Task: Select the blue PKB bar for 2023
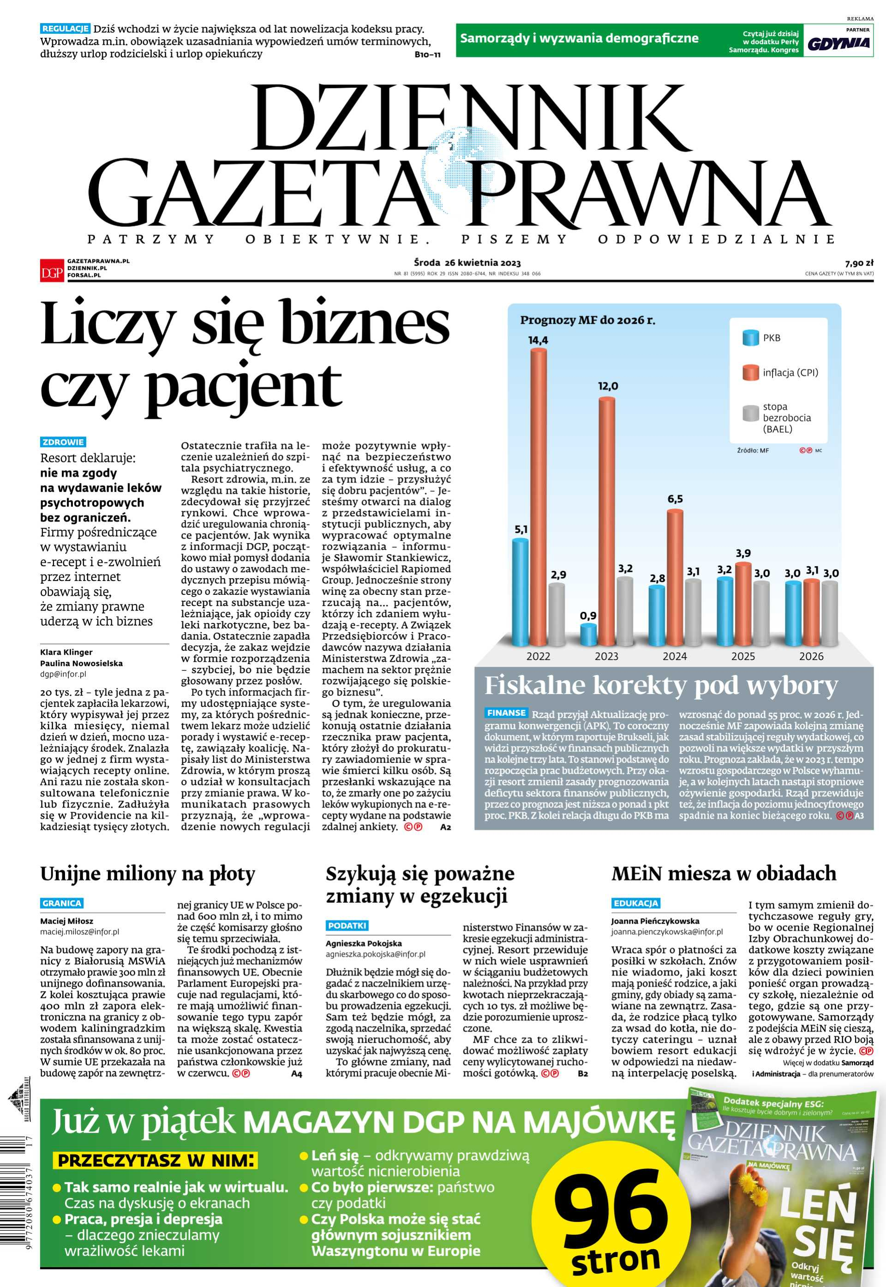tap(588, 635)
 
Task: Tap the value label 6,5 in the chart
tap(675, 499)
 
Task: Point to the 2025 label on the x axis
tap(743, 657)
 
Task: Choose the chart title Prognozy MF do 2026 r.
tap(587, 320)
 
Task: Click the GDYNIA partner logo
tap(838, 43)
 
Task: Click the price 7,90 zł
tap(858, 263)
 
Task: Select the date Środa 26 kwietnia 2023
tap(467, 263)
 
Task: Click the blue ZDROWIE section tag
tap(63, 442)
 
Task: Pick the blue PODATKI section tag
tap(347, 925)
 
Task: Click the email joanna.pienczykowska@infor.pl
tap(667, 932)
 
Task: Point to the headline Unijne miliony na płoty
tap(147, 874)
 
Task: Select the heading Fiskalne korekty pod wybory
tap(661, 686)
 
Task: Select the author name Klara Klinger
tap(66, 652)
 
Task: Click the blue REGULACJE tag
tap(65, 29)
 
